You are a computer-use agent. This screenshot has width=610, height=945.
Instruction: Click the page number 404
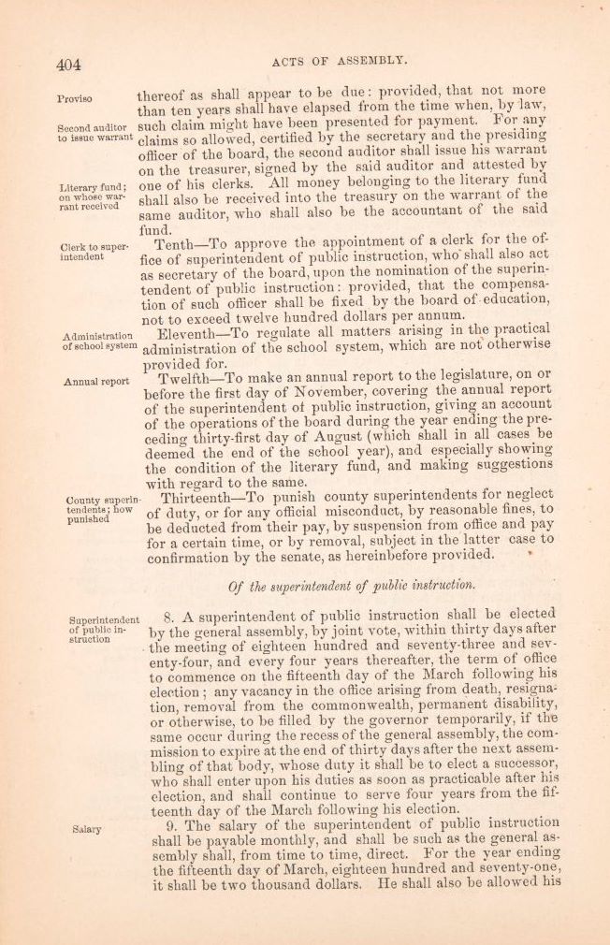(x=68, y=65)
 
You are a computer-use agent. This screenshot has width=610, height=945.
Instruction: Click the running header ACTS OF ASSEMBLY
(x=340, y=61)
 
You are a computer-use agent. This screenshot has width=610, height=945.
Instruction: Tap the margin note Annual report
(x=96, y=382)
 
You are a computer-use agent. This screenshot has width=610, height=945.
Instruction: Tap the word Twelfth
(x=188, y=379)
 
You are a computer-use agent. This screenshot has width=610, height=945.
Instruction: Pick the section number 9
(x=167, y=823)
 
